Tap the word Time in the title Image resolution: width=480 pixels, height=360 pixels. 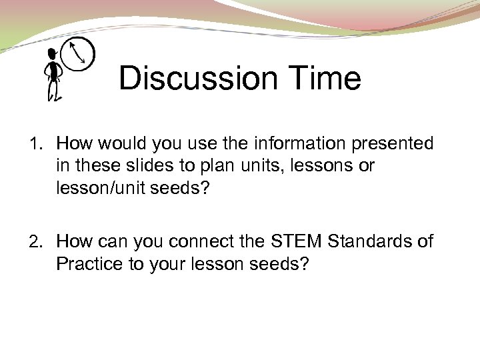click(x=325, y=79)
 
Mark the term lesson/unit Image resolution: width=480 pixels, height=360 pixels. click(x=102, y=189)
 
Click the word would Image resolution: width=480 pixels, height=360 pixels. click(x=125, y=143)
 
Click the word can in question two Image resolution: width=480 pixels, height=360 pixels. click(x=115, y=241)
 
